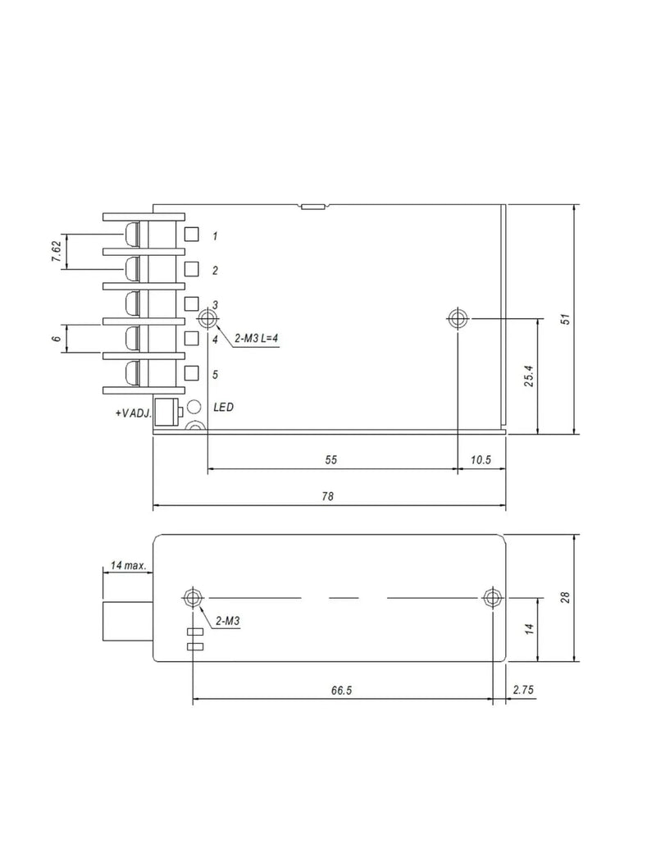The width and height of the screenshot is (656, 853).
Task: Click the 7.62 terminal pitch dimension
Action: pos(57,251)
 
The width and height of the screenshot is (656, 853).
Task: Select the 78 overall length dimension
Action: pos(327,496)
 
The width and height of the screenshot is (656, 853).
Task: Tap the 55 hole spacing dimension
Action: pos(330,459)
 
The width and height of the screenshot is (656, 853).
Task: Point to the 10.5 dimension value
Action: pos(481,459)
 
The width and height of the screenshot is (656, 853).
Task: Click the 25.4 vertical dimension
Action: pos(529,376)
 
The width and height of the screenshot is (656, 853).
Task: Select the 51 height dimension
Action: pos(566,319)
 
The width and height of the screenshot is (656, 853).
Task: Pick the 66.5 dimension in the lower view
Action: pos(342,691)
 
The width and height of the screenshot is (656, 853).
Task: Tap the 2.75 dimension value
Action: pos(523,690)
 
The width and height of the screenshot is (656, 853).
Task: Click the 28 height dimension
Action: pos(566,597)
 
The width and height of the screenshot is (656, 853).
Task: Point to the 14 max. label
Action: pos(129,565)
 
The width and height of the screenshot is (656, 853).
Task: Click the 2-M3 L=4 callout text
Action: pos(256,339)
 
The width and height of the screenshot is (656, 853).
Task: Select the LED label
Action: pos(224,407)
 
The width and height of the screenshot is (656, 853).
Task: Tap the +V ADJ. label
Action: pos(134,413)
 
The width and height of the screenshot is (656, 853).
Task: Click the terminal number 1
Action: pos(216,236)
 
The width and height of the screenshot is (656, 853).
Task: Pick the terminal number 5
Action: pos(216,374)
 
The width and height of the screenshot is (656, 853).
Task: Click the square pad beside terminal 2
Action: pos(191,269)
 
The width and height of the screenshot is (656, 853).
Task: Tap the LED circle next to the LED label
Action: pos(194,406)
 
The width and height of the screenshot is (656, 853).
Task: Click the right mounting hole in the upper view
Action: pos(458,318)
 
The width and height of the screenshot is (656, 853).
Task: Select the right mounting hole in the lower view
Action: pos(492,598)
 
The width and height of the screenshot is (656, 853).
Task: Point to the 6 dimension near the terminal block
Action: pos(57,339)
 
